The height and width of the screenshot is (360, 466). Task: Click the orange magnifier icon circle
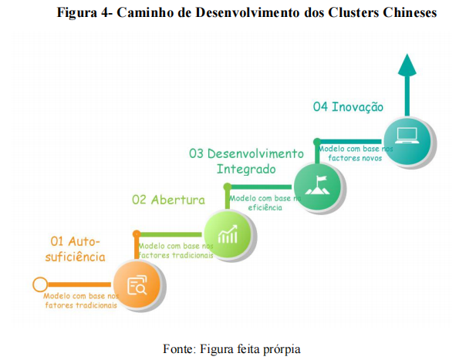click(138, 285)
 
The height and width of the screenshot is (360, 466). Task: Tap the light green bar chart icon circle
click(228, 234)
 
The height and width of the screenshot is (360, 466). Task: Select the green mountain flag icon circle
click(318, 186)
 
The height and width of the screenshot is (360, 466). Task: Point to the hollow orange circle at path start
click(39, 284)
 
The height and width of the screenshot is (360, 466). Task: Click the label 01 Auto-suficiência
click(76, 248)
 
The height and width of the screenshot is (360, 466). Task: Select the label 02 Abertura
click(168, 200)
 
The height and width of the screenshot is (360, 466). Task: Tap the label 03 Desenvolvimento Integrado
click(246, 160)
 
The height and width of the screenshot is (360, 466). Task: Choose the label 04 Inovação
click(348, 107)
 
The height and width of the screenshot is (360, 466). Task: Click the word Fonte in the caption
click(179, 348)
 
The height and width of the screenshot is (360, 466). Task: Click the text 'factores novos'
click(355, 157)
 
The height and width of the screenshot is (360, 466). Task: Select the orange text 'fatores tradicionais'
click(80, 304)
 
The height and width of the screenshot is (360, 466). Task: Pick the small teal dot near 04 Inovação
click(316, 141)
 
